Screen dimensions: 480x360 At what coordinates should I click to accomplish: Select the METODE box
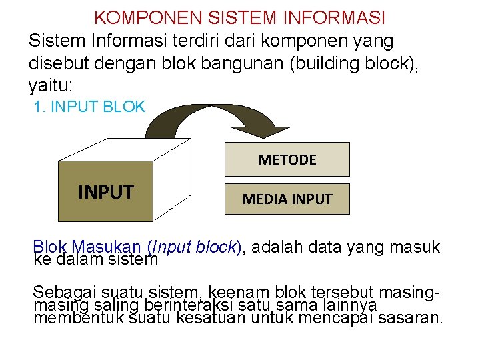287,159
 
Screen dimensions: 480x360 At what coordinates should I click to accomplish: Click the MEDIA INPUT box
287,199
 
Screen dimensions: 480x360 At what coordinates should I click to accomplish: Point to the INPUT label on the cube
105,193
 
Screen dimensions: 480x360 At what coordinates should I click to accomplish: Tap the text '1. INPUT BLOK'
89,107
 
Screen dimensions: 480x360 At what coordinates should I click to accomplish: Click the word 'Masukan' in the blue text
107,247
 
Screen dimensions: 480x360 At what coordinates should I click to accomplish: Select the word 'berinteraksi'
194,305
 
